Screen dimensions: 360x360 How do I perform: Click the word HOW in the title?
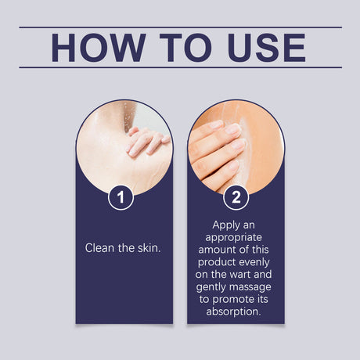(x=99, y=48)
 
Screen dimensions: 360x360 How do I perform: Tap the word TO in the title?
(x=185, y=48)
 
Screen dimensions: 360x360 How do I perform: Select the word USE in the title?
(x=266, y=48)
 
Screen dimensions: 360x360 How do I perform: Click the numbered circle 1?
(x=121, y=197)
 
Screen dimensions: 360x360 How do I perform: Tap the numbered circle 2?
(x=236, y=197)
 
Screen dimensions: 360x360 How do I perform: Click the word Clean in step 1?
(x=99, y=248)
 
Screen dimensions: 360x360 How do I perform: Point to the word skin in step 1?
(x=149, y=248)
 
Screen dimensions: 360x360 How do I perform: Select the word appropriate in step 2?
(x=233, y=238)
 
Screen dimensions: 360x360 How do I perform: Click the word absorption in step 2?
(x=233, y=311)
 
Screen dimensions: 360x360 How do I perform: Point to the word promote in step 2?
(x=229, y=300)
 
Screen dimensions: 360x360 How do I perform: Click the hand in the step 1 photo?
(x=148, y=142)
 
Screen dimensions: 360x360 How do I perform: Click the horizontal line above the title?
(x=180, y=27)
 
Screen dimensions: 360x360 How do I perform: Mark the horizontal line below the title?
(x=180, y=67)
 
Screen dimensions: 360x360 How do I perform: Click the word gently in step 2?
(x=211, y=287)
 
